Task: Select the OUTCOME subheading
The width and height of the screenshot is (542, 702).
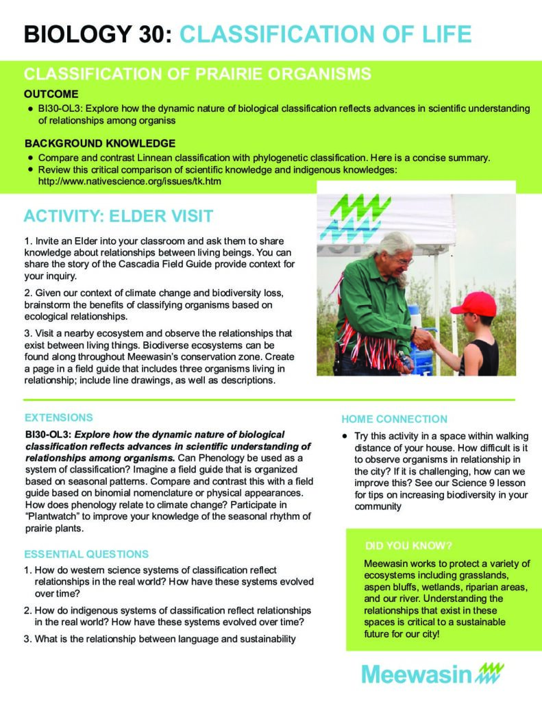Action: (x=51, y=93)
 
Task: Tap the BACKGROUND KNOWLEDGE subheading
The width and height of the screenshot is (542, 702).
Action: (x=100, y=143)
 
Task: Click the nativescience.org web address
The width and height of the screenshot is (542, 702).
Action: (x=130, y=183)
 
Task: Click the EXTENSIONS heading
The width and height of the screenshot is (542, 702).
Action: (x=59, y=417)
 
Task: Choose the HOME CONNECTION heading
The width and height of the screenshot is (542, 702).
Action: (x=394, y=419)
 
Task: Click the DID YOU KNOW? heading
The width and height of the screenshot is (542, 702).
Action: (x=408, y=546)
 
